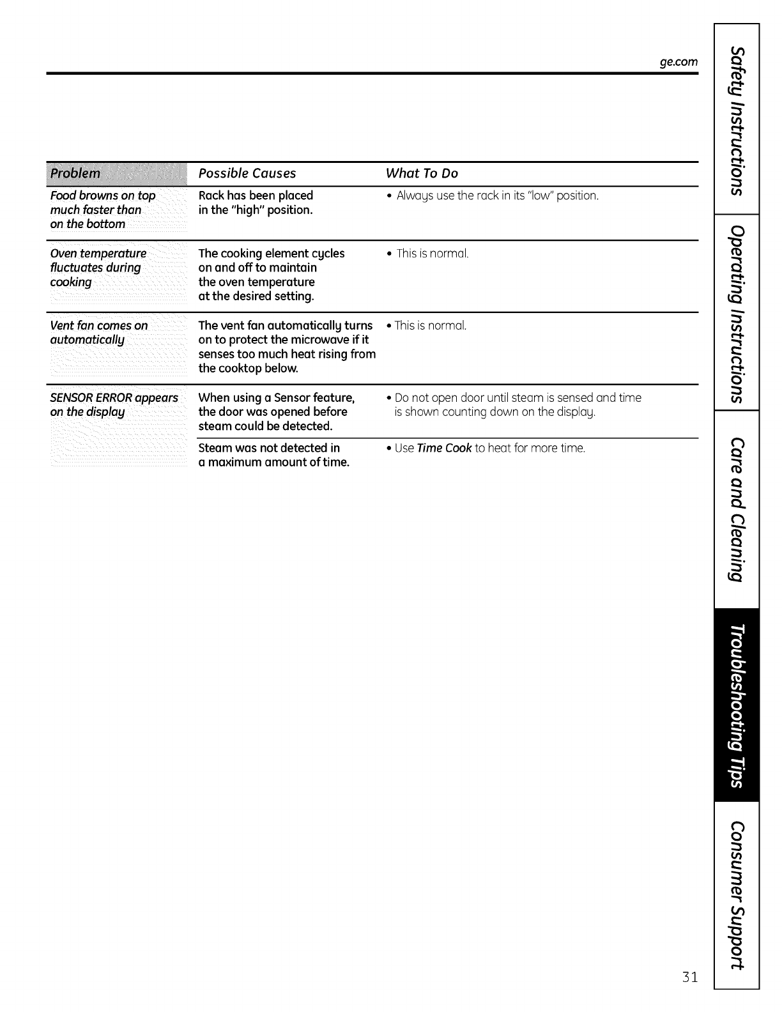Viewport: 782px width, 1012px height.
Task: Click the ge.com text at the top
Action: click(678, 63)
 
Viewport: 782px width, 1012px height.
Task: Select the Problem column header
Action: click(75, 173)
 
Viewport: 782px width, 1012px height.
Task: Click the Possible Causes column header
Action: click(247, 173)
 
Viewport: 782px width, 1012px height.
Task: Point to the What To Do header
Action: click(422, 173)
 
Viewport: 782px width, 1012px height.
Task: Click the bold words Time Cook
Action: click(444, 448)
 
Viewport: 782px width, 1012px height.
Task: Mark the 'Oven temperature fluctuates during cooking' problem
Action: click(98, 268)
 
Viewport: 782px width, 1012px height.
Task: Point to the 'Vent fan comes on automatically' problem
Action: click(98, 332)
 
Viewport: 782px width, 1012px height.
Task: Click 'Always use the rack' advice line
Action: click(497, 195)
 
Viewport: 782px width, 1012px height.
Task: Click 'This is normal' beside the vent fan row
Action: click(430, 326)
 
